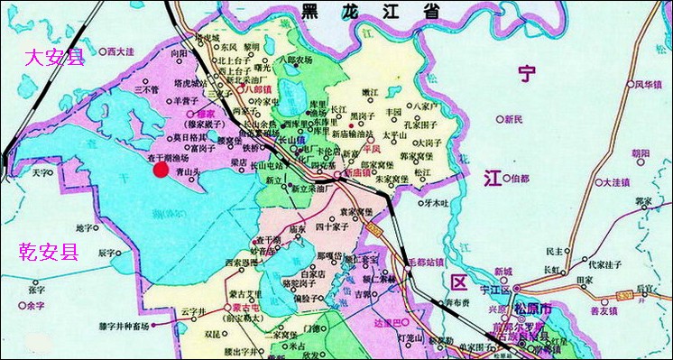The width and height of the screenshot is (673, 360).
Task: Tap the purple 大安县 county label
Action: (x=53, y=59)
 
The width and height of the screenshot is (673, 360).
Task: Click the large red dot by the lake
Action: (x=161, y=169)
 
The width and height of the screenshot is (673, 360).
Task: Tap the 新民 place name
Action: (x=514, y=119)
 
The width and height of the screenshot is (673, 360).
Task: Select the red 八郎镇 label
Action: (x=257, y=89)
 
